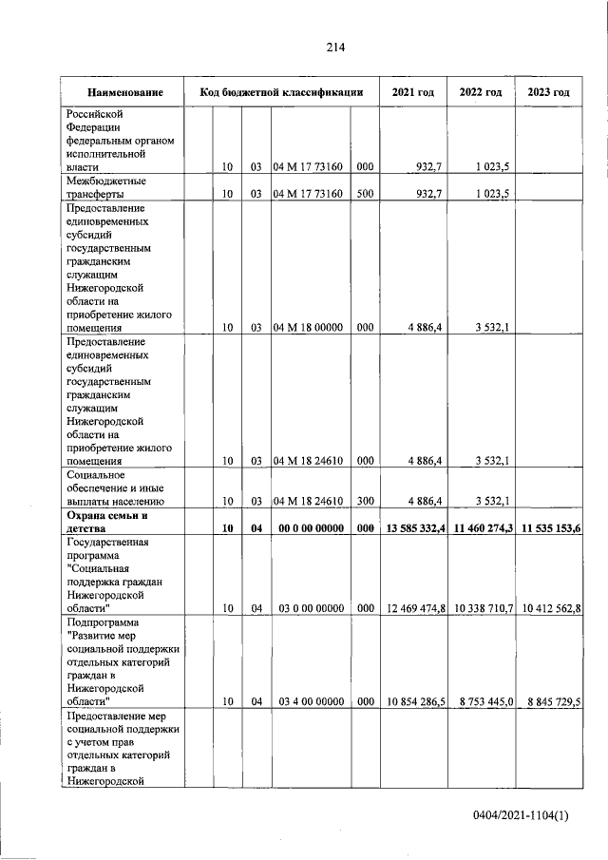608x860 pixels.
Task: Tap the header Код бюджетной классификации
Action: (x=281, y=93)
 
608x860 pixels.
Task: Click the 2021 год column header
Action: (x=413, y=93)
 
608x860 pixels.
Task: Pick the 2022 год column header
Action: (x=481, y=93)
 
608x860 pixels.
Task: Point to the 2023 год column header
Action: (x=548, y=93)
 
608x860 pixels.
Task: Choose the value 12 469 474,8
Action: (x=414, y=607)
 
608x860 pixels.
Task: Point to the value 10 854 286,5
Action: (x=414, y=701)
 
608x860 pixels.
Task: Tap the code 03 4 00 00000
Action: (x=311, y=701)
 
